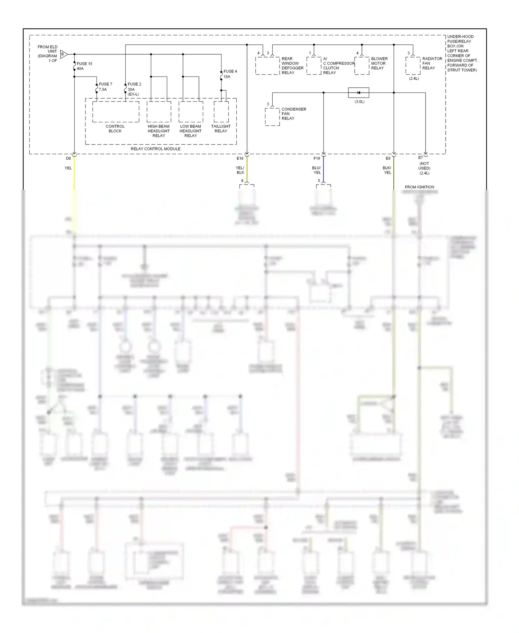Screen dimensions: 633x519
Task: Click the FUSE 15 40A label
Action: (84, 66)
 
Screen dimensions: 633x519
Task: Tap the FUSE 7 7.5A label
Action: (105, 87)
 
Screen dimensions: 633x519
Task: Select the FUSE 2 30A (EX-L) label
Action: (134, 89)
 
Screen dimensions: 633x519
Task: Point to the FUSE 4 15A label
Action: (230, 74)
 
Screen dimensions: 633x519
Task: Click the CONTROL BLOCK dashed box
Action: (116, 112)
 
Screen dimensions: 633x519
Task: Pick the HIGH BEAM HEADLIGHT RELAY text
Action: (158, 131)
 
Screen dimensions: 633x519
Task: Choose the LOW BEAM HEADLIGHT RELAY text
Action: (190, 131)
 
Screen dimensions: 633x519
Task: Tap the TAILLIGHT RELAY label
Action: (221, 128)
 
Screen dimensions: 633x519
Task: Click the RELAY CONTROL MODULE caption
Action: (155, 149)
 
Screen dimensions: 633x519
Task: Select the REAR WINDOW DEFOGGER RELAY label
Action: (292, 66)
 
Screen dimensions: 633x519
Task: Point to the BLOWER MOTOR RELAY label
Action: (379, 63)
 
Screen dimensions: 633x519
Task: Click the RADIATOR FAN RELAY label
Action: (432, 63)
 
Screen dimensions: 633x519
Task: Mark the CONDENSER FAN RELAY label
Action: (294, 114)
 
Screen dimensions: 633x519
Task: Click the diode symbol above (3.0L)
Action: (358, 93)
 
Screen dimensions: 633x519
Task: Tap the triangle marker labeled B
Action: (64, 54)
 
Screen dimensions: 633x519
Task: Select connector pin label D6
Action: (69, 158)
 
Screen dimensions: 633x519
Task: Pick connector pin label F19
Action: (317, 158)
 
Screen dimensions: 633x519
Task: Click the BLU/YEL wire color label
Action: (317, 170)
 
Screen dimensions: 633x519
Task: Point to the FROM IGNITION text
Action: (419, 187)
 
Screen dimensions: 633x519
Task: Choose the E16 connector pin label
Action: (240, 158)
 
